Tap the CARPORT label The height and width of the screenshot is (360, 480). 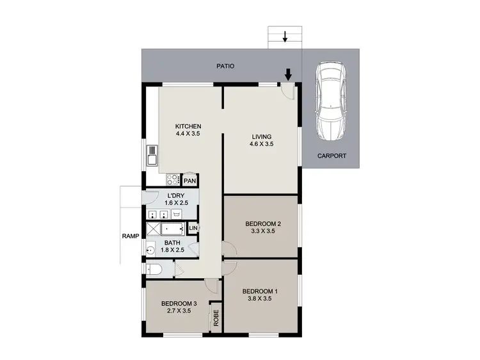coord(332,156)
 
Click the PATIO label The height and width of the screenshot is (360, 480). coord(225,66)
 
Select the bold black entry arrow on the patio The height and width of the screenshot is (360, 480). coord(288,75)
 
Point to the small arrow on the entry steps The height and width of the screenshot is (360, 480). coord(285,37)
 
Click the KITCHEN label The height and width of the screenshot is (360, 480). coord(188,126)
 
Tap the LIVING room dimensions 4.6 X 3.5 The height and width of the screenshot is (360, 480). coord(260,145)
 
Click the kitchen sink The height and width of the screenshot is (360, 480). coord(152,155)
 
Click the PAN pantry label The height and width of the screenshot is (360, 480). coord(189,181)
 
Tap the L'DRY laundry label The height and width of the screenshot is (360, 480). coord(176,195)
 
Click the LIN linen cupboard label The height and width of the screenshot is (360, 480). coord(193,229)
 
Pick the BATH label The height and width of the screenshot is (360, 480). coord(172,243)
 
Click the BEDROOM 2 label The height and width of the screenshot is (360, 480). coord(263,224)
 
